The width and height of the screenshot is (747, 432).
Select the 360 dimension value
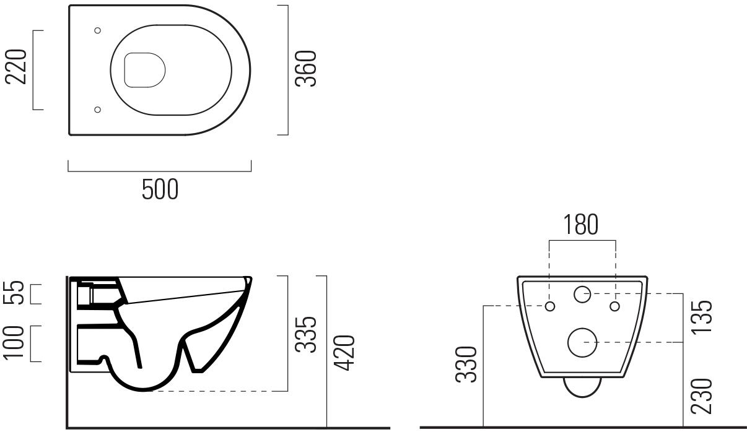click(x=306, y=69)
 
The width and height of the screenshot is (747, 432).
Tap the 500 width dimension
click(x=160, y=189)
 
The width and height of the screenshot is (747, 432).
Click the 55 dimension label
click(x=17, y=293)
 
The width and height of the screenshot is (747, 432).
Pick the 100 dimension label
click(x=17, y=342)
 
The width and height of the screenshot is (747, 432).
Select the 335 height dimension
click(x=305, y=334)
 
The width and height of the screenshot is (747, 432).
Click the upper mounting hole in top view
click(x=97, y=30)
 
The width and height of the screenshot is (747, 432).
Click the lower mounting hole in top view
click(x=97, y=110)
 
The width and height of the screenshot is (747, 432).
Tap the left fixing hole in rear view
click(x=550, y=306)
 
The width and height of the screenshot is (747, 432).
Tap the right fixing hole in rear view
click(x=614, y=306)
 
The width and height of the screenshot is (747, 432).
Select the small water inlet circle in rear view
click(x=582, y=295)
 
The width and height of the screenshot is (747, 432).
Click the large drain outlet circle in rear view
click(x=582, y=342)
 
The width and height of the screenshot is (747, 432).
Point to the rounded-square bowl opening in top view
click(x=145, y=69)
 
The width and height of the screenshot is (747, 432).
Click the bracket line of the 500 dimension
click(x=160, y=170)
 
